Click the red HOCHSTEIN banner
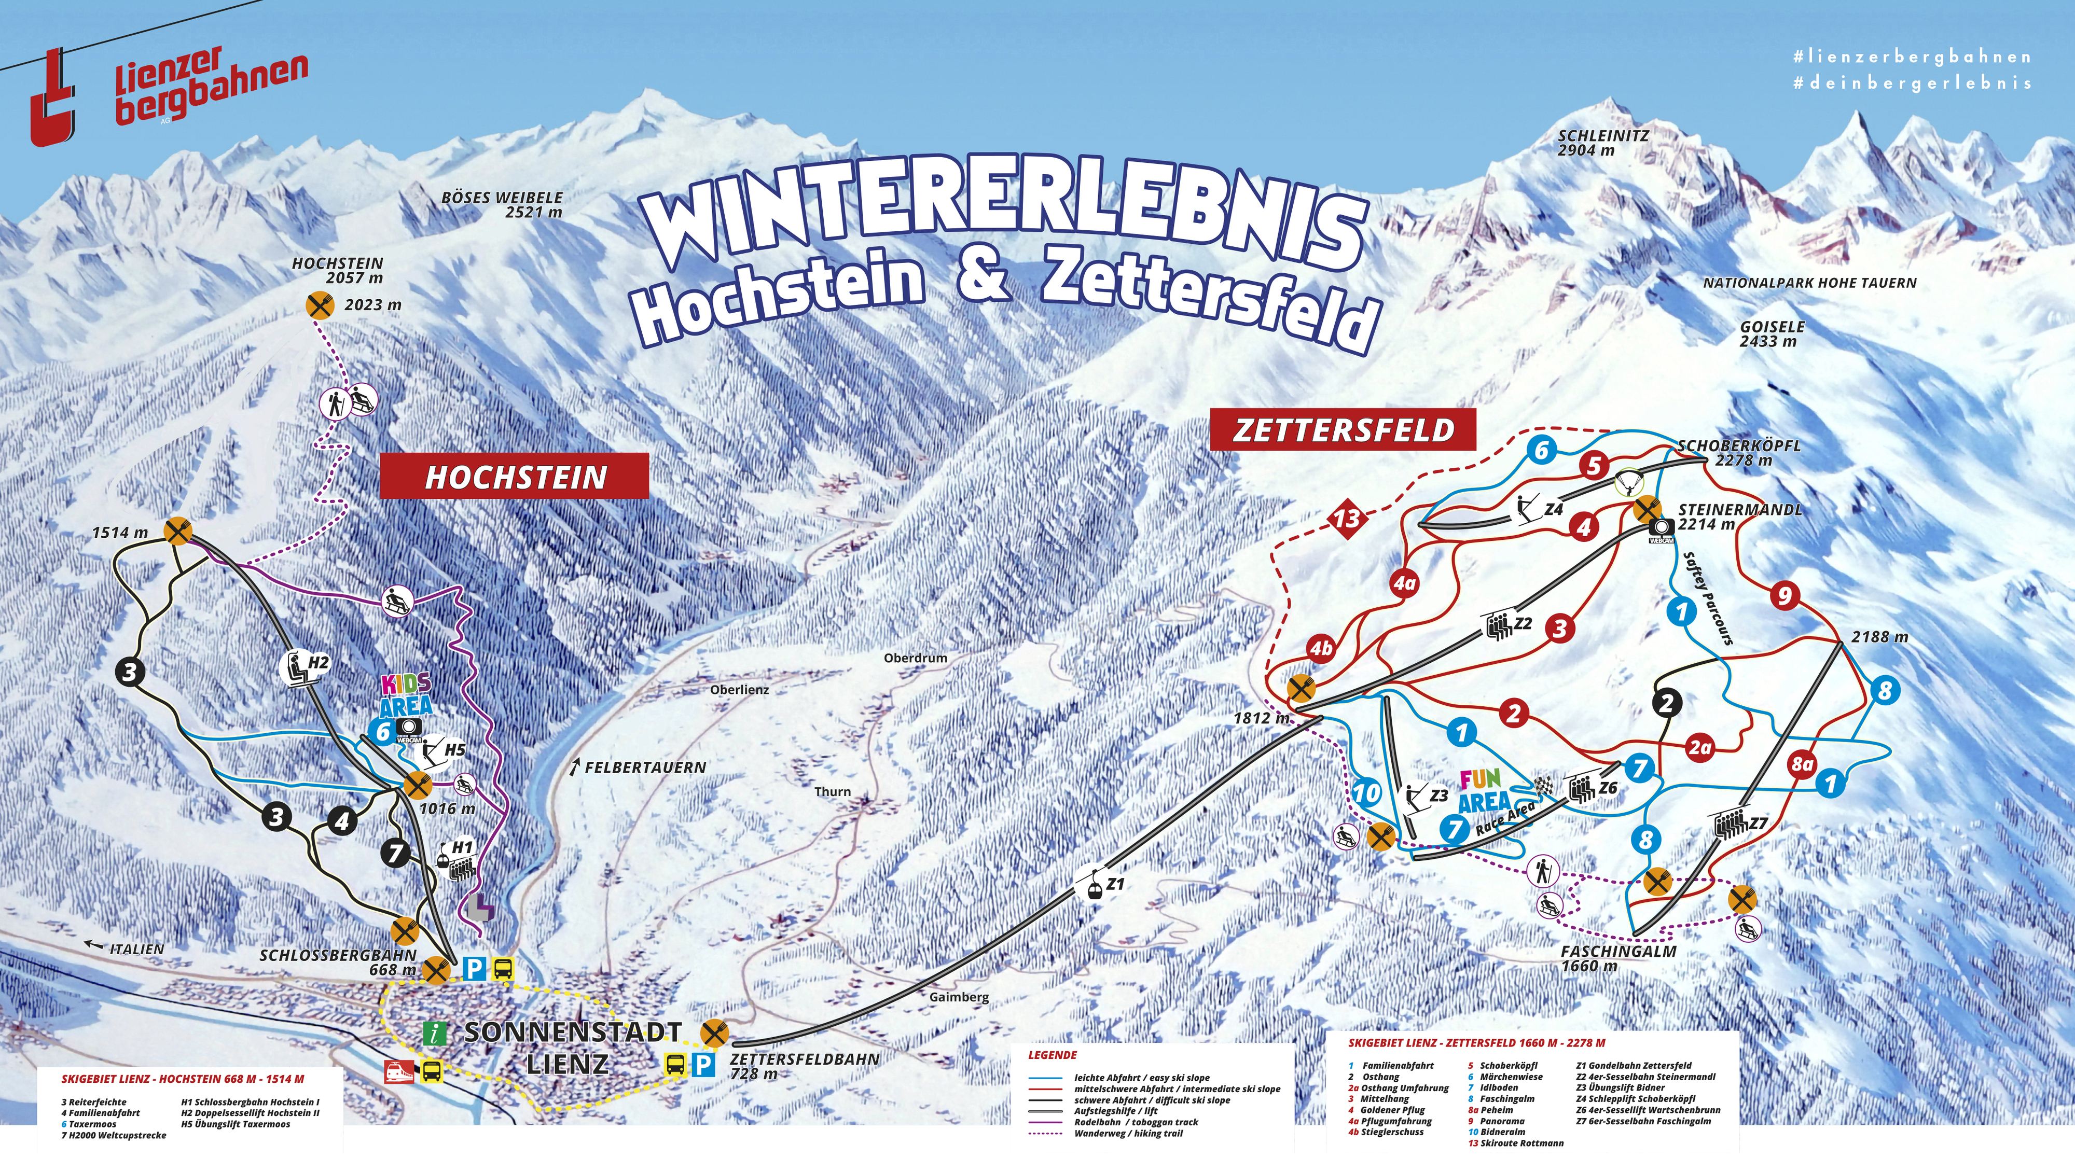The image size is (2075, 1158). click(514, 477)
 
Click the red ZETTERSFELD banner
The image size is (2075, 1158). click(1343, 430)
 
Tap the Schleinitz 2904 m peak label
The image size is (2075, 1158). click(1602, 143)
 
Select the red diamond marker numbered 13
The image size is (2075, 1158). click(1347, 518)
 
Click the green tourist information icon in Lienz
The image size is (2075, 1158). click(435, 1033)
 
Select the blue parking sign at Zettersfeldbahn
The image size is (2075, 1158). click(703, 1065)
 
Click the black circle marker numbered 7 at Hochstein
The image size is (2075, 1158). click(395, 852)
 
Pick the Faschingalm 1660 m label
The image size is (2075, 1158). click(1617, 957)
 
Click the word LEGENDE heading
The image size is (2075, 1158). click(1052, 1055)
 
